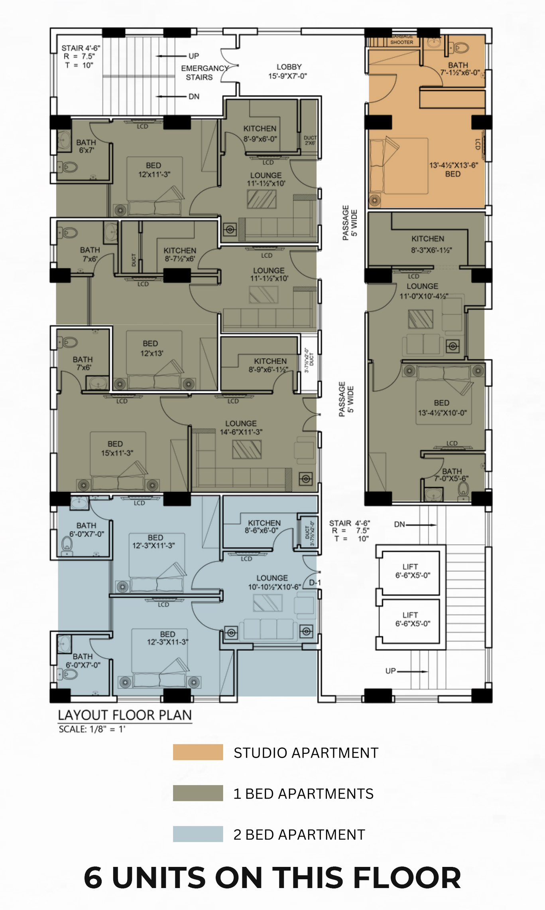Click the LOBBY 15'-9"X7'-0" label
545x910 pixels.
288,71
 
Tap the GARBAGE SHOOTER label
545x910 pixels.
401,40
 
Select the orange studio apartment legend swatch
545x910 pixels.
198,752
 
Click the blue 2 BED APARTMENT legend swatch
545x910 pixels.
198,834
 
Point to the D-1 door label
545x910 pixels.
315,583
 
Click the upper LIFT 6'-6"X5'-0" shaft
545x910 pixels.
410,571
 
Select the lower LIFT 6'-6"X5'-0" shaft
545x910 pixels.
410,619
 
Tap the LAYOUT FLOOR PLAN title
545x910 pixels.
125,715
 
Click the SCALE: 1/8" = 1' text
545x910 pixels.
92,729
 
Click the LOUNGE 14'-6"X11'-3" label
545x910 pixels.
241,427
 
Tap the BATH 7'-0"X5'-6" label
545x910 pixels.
451,475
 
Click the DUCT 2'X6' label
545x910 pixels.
310,140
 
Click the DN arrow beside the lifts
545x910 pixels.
415,524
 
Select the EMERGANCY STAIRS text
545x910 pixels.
202,73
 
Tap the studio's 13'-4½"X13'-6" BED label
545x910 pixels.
453,169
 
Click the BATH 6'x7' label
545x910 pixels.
86,146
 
